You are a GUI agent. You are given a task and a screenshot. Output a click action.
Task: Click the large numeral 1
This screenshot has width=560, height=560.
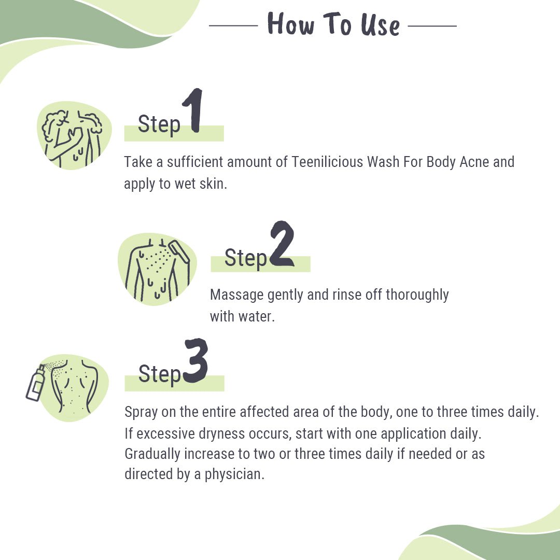(193, 111)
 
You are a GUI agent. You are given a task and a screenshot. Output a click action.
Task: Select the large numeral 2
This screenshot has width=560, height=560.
(282, 244)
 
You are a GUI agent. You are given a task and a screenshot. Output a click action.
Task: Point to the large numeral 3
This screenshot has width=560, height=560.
(195, 361)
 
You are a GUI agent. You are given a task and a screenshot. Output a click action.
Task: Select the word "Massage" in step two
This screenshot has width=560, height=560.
(236, 295)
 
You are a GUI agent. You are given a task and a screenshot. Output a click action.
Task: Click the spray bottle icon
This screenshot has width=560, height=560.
(35, 384)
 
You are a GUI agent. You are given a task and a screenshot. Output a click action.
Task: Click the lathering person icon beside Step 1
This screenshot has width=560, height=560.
(73, 136)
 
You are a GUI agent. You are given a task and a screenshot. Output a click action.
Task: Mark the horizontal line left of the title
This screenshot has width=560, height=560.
(233, 25)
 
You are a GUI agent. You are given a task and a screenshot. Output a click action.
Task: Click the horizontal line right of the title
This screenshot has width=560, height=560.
(432, 25)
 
